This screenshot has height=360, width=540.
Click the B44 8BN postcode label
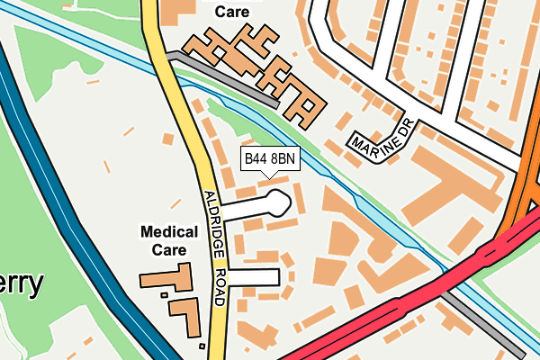(x=270, y=159)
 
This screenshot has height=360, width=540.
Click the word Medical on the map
(x=170, y=232)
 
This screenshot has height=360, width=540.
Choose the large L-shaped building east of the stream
(x=450, y=198)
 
